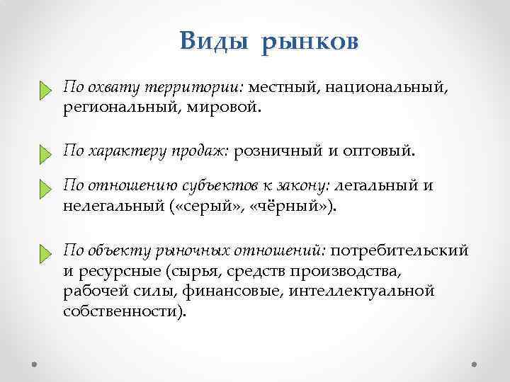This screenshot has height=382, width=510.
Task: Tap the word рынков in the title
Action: coord(310,42)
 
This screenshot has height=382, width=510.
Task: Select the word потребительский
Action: coord(400,250)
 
